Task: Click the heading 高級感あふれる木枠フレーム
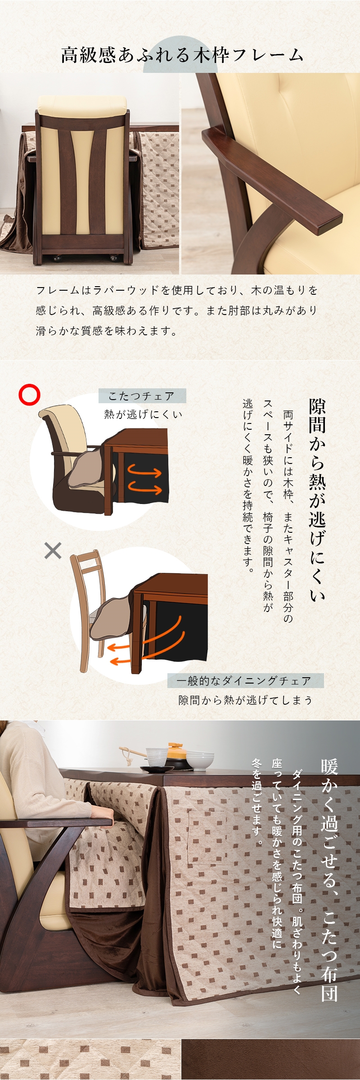click(x=182, y=55)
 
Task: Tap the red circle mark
click(x=29, y=395)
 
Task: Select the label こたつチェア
click(x=142, y=396)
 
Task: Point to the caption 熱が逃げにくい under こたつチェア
click(x=143, y=414)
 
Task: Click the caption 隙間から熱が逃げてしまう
click(x=245, y=700)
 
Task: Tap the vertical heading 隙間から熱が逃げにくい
click(x=317, y=499)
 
